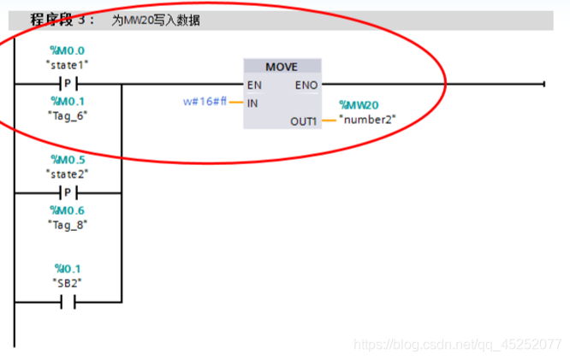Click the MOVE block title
click(282, 67)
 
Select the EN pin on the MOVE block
click(254, 85)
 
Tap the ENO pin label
click(306, 85)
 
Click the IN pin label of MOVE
click(252, 103)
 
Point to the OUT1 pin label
click(303, 121)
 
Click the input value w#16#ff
click(205, 102)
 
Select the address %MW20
click(359, 105)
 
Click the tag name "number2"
click(367, 119)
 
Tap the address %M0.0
click(68, 50)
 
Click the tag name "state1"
click(68, 64)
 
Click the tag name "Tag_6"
click(68, 115)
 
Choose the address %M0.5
click(68, 160)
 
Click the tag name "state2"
click(68, 174)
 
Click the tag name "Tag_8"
click(68, 223)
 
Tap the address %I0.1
click(68, 268)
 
